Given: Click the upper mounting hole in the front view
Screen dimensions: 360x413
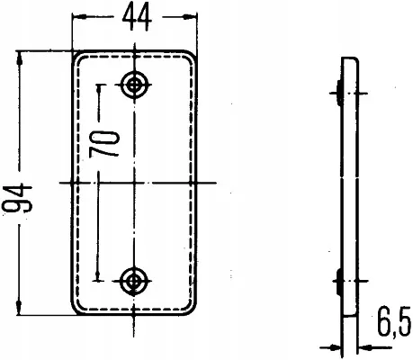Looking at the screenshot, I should coord(136,84).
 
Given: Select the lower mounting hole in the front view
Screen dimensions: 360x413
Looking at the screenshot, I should coord(136,282).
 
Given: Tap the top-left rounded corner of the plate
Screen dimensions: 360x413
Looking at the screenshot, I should coord(77,55).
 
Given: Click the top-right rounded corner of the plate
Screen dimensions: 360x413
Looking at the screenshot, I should coord(192,55).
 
